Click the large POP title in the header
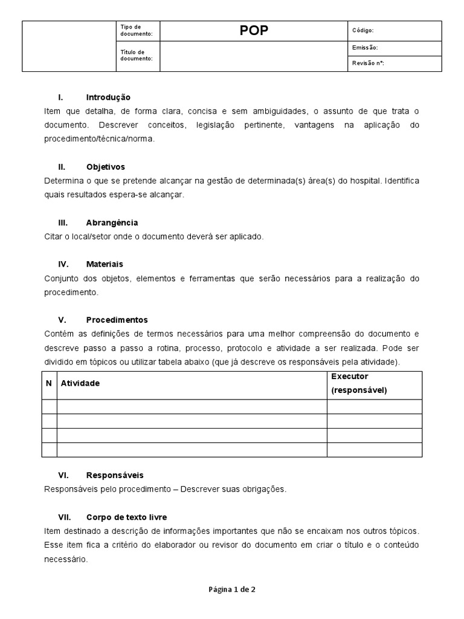coord(254,31)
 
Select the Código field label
coord(362,30)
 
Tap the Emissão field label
coord(364,47)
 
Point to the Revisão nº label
coord(368,63)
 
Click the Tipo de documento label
coord(137,31)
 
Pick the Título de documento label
coord(137,55)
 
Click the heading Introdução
coord(108,97)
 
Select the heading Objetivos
coord(105,167)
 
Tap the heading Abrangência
coord(112,222)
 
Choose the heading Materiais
coord(105,264)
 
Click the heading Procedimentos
coord(117,320)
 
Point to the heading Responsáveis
coord(115,475)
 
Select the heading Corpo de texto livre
coord(126,517)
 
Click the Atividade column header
coord(80,383)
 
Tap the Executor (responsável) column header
coord(359,383)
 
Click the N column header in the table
coord(49,383)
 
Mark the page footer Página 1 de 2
coord(232,589)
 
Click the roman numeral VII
coord(63,517)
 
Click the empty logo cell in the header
coord(68,47)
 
